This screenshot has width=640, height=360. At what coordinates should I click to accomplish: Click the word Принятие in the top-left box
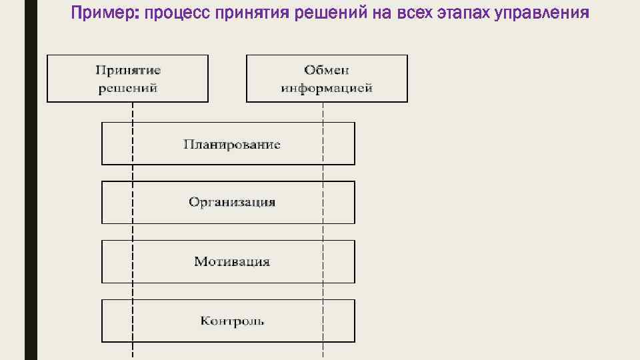[x=128, y=69]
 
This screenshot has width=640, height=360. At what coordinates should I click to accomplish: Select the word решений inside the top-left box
[x=128, y=88]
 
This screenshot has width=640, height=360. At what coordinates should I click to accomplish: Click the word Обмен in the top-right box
[x=327, y=69]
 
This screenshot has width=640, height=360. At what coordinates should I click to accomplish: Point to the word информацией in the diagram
[x=327, y=88]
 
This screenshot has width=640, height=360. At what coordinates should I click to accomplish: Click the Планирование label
[x=232, y=144]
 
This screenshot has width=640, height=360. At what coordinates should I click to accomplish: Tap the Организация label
[x=232, y=202]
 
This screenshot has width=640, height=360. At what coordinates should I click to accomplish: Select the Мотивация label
[x=232, y=261]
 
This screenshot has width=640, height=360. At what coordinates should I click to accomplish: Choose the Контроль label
[x=232, y=321]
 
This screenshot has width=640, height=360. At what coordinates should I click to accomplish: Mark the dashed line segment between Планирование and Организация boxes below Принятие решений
[x=133, y=173]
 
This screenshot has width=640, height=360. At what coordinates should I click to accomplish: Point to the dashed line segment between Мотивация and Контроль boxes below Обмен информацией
[x=323, y=291]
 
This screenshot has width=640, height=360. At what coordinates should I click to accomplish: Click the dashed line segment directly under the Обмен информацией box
[x=323, y=112]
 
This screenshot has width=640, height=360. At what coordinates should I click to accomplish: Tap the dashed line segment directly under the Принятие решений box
[x=133, y=112]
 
